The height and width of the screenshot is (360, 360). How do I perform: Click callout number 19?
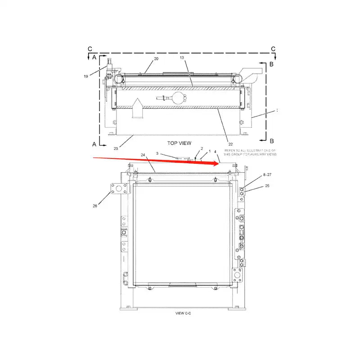click(x=85, y=76)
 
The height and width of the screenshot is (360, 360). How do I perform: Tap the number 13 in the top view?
click(x=182, y=58)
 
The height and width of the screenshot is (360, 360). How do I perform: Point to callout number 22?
click(x=230, y=144)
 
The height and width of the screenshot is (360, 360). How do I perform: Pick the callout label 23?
click(x=116, y=148)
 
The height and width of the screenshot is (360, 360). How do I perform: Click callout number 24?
click(x=143, y=155)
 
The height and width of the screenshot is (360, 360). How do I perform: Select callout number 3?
click(x=157, y=154)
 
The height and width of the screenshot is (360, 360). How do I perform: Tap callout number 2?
click(x=202, y=148)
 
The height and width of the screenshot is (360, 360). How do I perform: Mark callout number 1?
click(x=209, y=152)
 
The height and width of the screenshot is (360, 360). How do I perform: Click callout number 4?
click(x=216, y=152)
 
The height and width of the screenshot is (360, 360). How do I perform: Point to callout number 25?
click(x=267, y=185)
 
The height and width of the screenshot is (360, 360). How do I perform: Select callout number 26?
click(x=95, y=207)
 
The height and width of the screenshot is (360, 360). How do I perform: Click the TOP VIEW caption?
click(x=179, y=143)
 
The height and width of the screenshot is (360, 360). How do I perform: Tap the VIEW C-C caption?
click(x=183, y=312)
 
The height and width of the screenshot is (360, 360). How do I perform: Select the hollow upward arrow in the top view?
click(x=138, y=109)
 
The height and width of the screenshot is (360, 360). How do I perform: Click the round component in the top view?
click(x=179, y=98)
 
